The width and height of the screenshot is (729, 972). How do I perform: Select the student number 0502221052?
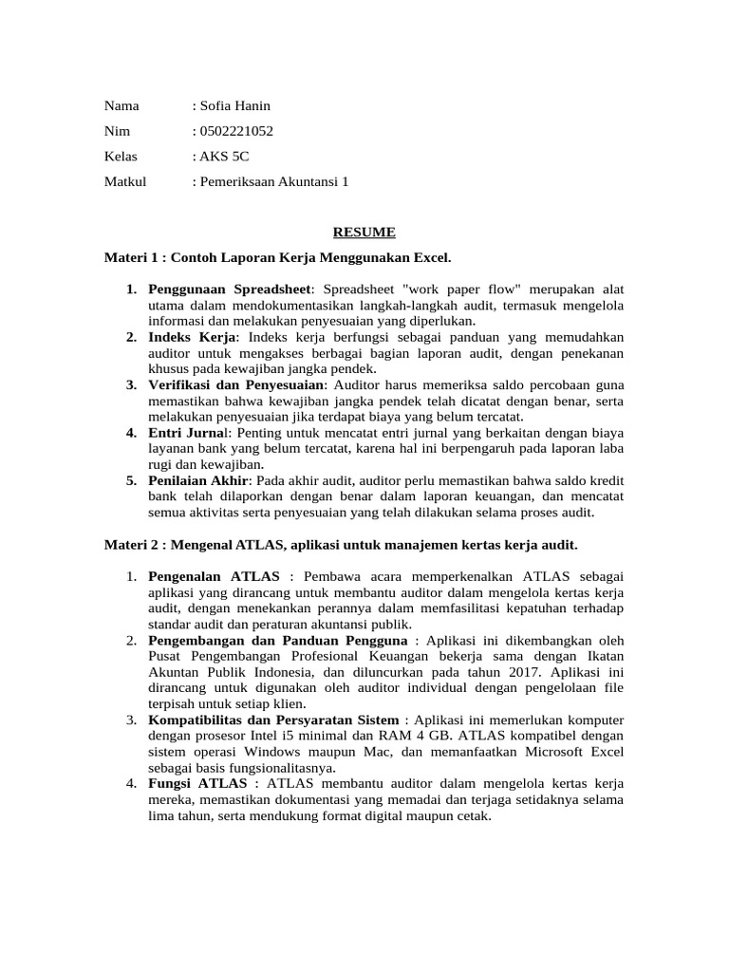click(x=238, y=131)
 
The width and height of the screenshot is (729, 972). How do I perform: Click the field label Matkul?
click(x=125, y=181)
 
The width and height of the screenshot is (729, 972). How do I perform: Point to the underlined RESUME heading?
click(x=364, y=232)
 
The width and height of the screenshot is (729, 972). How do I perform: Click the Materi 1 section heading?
click(x=277, y=257)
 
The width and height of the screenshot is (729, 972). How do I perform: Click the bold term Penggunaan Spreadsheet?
click(x=233, y=288)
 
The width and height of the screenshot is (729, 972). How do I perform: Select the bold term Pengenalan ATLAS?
click(x=214, y=576)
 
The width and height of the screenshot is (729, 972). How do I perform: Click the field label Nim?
click(x=118, y=131)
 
